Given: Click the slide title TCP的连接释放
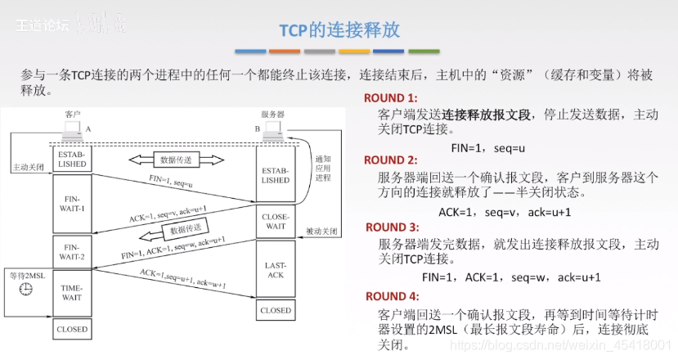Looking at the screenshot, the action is click(339, 30).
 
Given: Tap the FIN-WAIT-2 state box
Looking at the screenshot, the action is click(72, 250).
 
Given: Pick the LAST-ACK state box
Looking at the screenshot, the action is click(276, 271).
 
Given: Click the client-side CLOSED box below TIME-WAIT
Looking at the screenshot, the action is click(72, 330).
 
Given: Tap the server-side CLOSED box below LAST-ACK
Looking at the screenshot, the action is click(276, 311).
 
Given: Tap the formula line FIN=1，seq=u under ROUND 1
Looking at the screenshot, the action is click(487, 148).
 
